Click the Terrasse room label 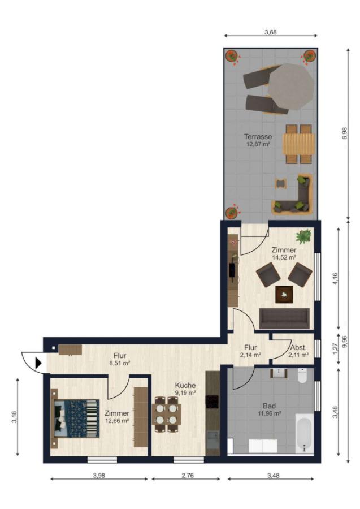point(258,137)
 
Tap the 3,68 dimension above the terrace point(271,32)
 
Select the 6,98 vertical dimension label point(344,133)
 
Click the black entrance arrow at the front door point(38,363)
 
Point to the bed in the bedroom point(75,419)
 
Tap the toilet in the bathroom point(302,376)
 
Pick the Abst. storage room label point(298,347)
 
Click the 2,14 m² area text point(251,355)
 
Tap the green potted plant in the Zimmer point(303,236)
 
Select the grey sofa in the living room point(284,318)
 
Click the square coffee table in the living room point(284,295)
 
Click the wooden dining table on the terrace point(299,144)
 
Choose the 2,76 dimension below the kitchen point(188,475)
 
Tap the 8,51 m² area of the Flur point(120,363)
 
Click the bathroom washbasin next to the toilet point(279,373)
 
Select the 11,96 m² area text point(270,413)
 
